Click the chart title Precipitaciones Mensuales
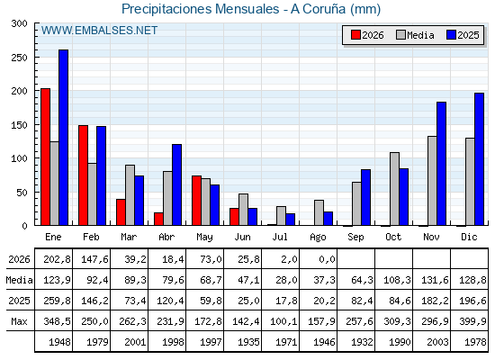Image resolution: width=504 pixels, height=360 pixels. click(200, 9)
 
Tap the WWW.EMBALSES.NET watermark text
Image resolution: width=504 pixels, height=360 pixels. click(99, 31)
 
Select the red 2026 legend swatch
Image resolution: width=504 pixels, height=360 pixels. click(355, 35)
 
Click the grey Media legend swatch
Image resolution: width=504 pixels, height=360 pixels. click(400, 35)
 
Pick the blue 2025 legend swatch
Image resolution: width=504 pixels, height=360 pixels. click(451, 35)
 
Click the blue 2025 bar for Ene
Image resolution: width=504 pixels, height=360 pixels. click(63, 138)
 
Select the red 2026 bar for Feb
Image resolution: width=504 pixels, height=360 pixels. click(83, 175)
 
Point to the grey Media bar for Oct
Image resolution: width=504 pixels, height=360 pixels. click(395, 189)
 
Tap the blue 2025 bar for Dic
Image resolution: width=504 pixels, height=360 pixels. click(479, 159)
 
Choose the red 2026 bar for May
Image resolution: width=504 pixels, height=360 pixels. click(197, 201)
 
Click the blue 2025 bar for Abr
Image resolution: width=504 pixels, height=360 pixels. click(176, 184)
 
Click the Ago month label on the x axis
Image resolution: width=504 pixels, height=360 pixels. click(318, 238)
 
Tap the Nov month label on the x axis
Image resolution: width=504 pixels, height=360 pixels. click(431, 237)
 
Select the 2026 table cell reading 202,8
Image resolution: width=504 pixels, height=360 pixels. click(57, 259)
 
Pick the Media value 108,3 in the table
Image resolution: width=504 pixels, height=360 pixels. click(397, 280)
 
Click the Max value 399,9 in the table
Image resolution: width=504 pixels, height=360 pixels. click(472, 321)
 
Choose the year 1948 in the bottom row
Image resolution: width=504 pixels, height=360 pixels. click(59, 342)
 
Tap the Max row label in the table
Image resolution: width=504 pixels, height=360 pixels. click(19, 321)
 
